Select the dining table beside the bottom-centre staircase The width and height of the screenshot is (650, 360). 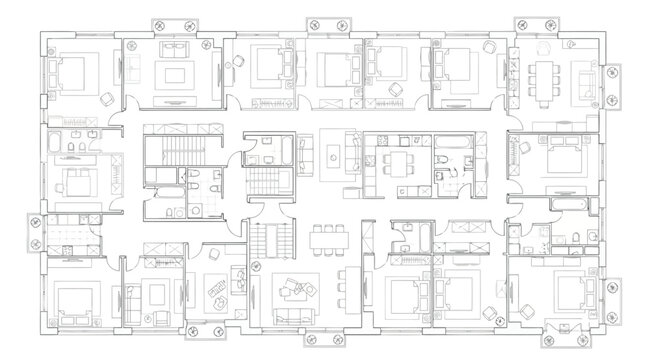[325, 238]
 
